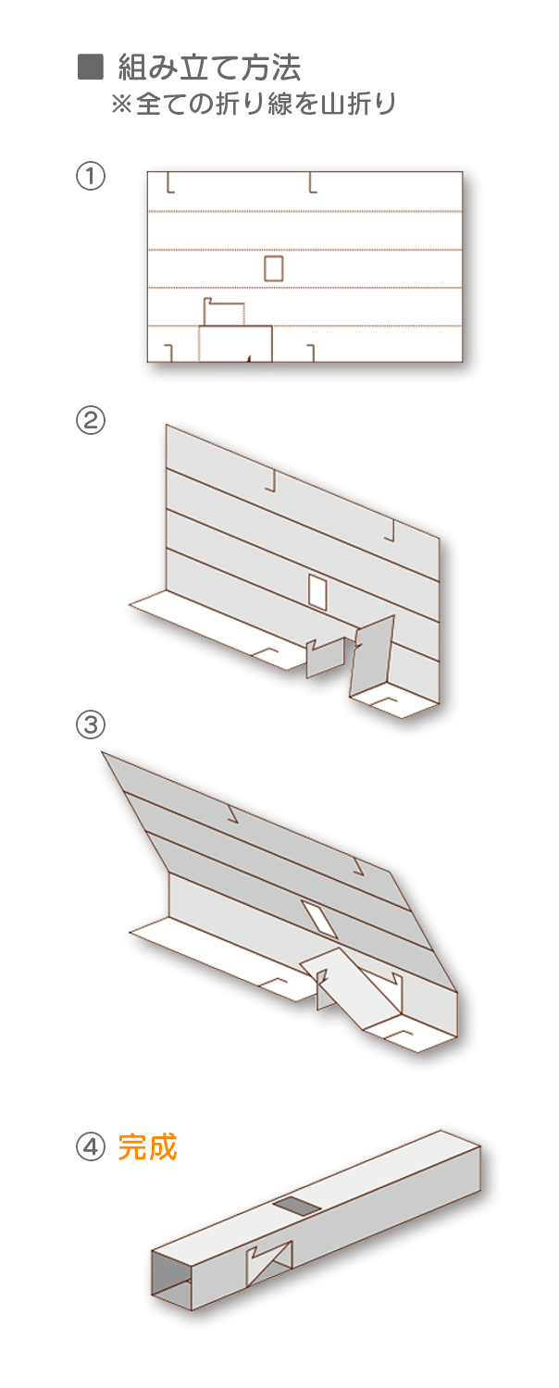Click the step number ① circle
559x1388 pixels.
pyautogui.click(x=91, y=176)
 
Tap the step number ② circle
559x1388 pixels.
pyautogui.click(x=91, y=421)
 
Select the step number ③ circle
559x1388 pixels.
pyautogui.click(x=91, y=724)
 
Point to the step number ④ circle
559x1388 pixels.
pyautogui.click(x=91, y=1147)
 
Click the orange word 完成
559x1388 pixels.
pyautogui.click(x=147, y=1147)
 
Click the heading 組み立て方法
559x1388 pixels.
pyautogui.click(x=209, y=68)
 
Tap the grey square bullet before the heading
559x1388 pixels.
pyautogui.click(x=91, y=68)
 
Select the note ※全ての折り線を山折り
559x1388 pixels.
pyautogui.click(x=253, y=104)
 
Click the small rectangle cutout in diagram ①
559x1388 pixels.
pyautogui.click(x=274, y=267)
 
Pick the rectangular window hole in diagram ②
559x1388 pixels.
pyautogui.click(x=318, y=590)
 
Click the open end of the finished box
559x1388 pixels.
pyautogui.click(x=171, y=1279)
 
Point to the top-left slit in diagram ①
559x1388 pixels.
pyautogui.click(x=170, y=183)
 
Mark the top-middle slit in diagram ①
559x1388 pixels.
pyautogui.click(x=313, y=183)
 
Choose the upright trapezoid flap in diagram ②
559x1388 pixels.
pyautogui.click(x=372, y=658)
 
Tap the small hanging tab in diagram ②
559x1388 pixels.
pyautogui.click(x=326, y=657)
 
